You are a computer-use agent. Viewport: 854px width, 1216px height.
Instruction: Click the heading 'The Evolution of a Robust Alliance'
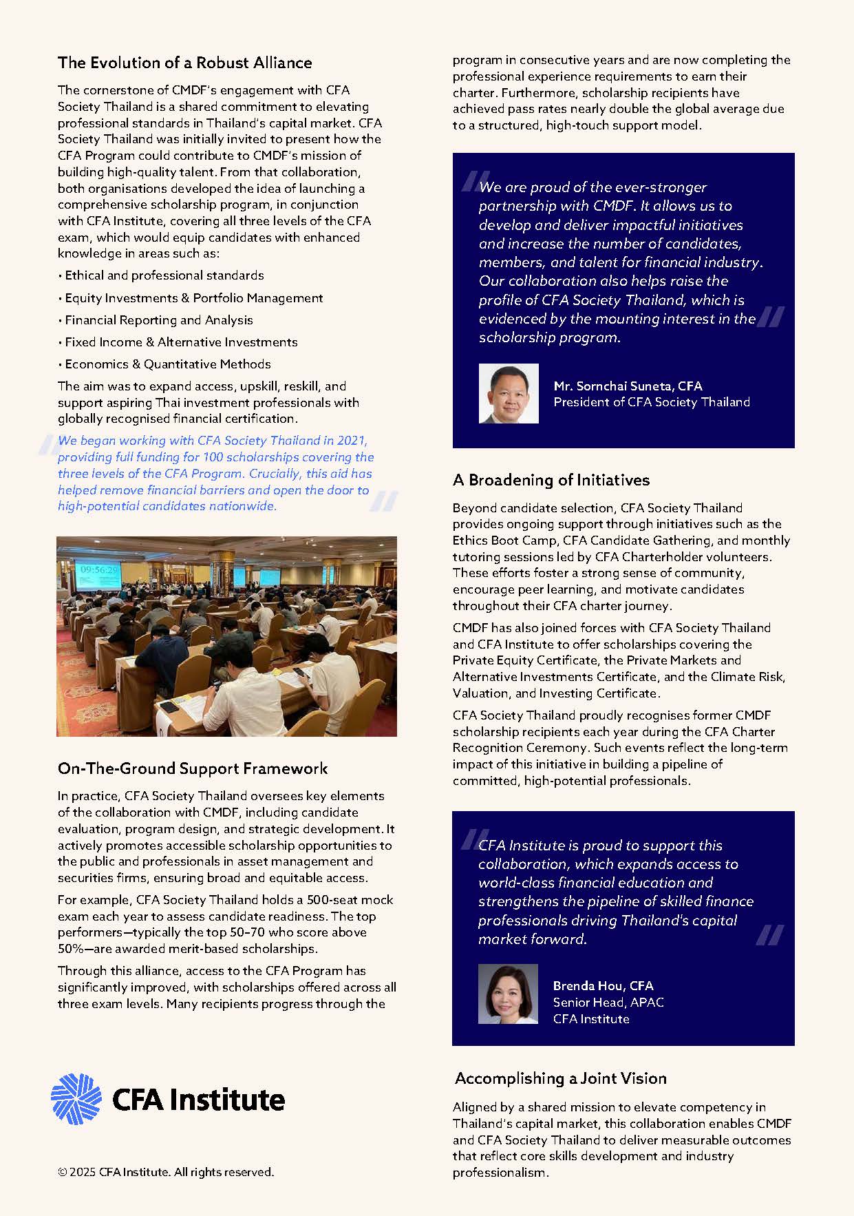pos(184,63)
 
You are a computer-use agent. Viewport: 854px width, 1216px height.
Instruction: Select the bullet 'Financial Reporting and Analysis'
pos(159,320)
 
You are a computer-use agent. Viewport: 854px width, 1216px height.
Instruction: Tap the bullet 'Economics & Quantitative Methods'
pos(168,364)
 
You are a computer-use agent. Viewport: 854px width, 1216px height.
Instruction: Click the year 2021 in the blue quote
pos(352,441)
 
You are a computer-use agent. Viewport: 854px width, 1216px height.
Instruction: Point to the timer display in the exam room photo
pos(99,570)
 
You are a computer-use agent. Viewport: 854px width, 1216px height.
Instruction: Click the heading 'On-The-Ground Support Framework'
pos(193,768)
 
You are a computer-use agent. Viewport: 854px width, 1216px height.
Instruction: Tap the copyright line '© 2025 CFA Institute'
pos(166,1172)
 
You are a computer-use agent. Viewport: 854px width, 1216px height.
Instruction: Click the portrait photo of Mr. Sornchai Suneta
pos(509,393)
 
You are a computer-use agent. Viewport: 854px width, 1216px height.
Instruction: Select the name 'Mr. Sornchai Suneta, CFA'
pos(628,386)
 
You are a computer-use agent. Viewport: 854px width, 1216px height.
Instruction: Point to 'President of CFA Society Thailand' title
pos(651,402)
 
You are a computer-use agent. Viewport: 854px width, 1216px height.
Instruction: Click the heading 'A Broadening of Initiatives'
pos(551,480)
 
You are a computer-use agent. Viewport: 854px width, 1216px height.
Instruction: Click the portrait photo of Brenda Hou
pos(508,994)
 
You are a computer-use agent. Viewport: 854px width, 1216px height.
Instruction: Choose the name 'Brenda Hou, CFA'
pos(603,986)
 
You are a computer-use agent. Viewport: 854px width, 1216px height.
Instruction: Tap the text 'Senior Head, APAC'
pos(608,1003)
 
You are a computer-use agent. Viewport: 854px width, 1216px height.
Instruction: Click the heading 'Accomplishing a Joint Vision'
pos(560,1078)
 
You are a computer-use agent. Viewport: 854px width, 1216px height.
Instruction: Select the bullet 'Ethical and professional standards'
pos(164,275)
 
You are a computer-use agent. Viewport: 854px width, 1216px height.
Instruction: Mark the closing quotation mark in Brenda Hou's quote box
pos(769,935)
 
